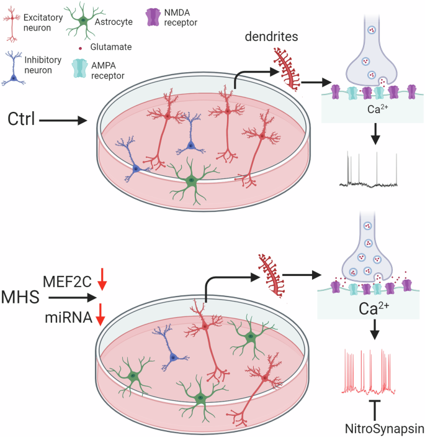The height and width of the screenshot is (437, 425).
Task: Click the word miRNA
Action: tap(69, 318)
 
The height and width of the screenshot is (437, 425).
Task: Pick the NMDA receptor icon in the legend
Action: tap(151, 17)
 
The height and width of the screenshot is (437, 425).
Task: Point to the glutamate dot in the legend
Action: tap(83, 47)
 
